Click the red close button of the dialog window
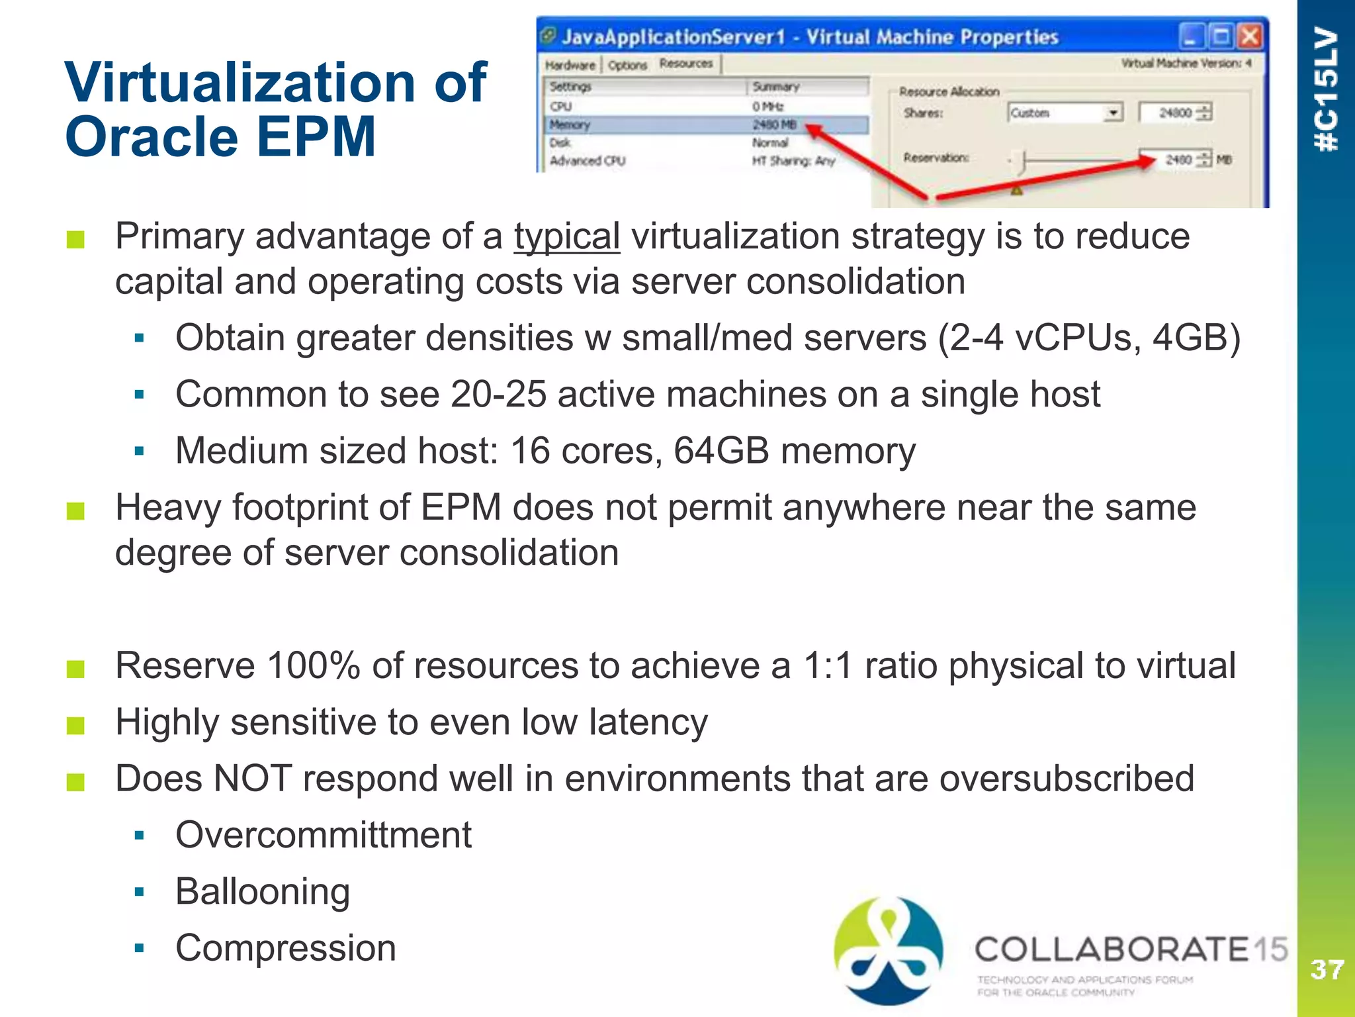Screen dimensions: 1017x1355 [x=1249, y=36]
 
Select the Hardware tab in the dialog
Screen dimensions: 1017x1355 [x=570, y=65]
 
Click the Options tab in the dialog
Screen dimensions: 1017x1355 [x=627, y=65]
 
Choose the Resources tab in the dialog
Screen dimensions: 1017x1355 [x=686, y=64]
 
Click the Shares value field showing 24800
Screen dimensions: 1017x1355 [x=1175, y=113]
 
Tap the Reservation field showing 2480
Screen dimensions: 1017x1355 [x=1178, y=160]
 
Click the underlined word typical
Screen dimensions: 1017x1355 [x=567, y=236]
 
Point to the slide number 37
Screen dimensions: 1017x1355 [x=1326, y=970]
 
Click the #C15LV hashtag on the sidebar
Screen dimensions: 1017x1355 [x=1326, y=89]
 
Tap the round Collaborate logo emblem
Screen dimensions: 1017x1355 [x=888, y=950]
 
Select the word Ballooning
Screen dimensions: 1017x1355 [x=263, y=891]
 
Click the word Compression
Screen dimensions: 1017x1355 [x=286, y=947]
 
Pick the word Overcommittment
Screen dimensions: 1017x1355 [x=324, y=835]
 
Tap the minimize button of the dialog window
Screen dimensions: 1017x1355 [x=1191, y=36]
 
